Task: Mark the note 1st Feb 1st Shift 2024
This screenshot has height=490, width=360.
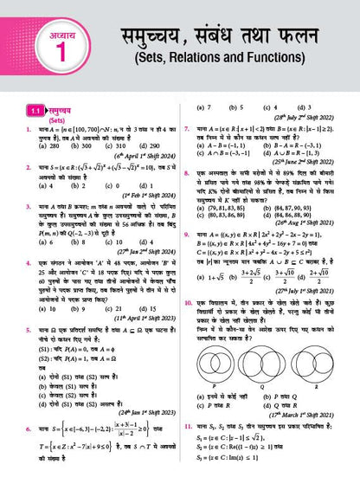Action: click(x=144, y=196)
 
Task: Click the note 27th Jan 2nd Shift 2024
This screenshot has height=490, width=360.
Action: click(x=143, y=253)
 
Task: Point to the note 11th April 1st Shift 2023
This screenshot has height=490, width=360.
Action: click(x=143, y=318)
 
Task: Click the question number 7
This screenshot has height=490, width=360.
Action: click(x=188, y=126)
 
